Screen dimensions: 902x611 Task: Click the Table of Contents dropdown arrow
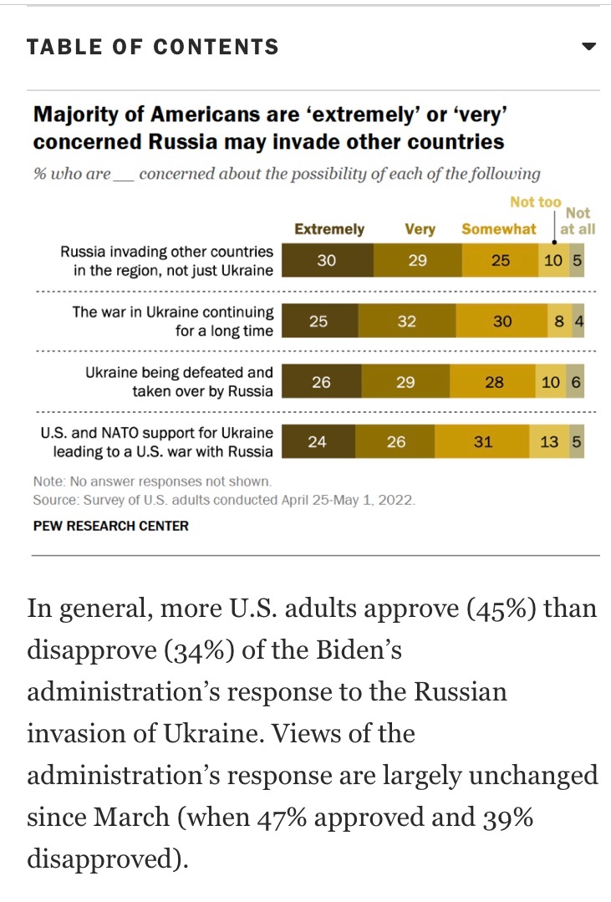[588, 47]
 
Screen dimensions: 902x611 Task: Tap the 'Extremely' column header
[329, 229]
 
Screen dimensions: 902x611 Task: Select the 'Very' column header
[420, 229]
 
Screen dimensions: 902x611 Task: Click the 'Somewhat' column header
[499, 229]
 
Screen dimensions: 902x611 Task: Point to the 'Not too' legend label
[536, 202]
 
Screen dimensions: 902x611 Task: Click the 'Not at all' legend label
[578, 222]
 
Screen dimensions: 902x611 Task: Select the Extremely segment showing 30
[327, 261]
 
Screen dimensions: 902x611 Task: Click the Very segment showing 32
[407, 321]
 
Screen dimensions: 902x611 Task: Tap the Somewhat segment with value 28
[495, 382]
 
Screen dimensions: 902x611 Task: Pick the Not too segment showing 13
[549, 442]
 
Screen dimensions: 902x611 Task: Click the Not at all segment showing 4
[578, 321]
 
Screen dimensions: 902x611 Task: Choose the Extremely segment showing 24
[318, 442]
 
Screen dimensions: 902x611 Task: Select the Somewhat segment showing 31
[482, 442]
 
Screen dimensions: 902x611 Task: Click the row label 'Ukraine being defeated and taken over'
[179, 381]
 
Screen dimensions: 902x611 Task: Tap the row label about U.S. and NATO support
[157, 442]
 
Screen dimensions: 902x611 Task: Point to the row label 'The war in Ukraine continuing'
[173, 321]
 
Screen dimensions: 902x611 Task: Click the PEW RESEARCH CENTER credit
[111, 526]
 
